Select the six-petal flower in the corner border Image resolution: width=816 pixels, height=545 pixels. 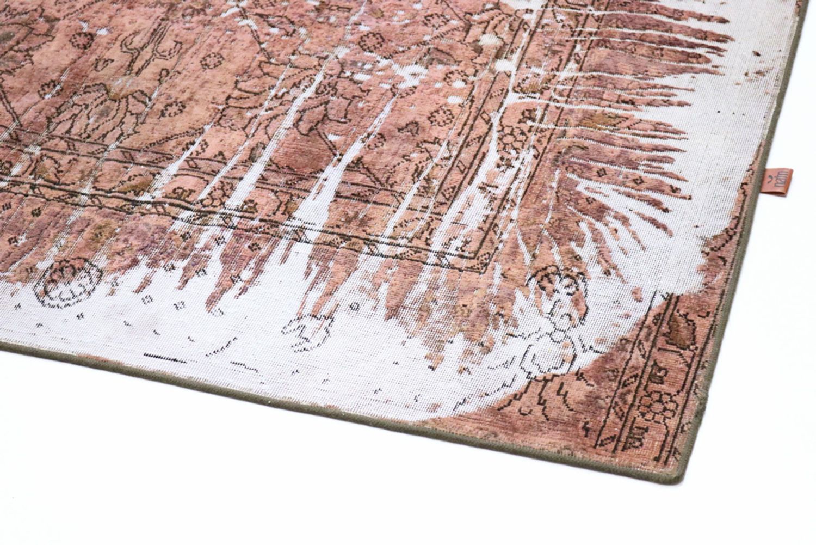(653, 406)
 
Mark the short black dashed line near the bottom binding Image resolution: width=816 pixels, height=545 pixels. (163, 358)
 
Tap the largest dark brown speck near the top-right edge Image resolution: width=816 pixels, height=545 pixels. (758, 54)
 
